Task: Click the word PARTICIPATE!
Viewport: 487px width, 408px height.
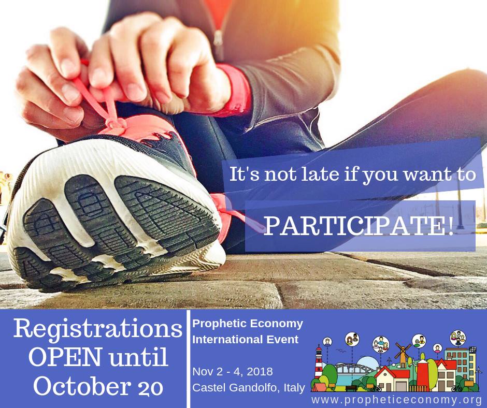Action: pos(359,226)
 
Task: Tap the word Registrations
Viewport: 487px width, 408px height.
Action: pos(97,329)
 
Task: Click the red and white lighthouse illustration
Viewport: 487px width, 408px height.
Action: pos(319,362)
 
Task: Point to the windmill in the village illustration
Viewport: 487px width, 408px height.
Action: pos(403,355)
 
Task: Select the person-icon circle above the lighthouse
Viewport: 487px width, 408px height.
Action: pos(327,342)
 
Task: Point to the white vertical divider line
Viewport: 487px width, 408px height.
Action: pos(188,359)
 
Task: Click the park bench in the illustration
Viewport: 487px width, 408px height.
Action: pos(351,388)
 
